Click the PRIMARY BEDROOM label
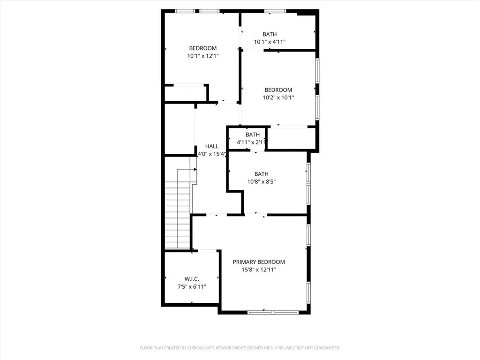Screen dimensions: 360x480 pos(259,262)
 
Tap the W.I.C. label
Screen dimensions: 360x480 pos(192,279)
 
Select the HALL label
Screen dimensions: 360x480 pos(212,146)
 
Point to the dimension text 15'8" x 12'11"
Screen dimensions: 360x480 pos(259,270)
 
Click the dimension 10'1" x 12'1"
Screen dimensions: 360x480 pos(203,56)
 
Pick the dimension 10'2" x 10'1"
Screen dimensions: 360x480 pos(278,97)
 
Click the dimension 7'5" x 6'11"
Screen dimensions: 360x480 pos(192,287)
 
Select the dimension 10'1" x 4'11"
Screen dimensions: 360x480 pos(270,42)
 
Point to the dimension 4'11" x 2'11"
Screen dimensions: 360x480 pos(252,142)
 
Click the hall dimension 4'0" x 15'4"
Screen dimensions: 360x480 pos(212,154)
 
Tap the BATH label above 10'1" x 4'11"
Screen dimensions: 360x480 pos(270,34)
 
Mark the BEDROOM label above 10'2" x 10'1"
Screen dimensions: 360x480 pos(278,90)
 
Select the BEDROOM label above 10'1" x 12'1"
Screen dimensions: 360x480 pos(203,48)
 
